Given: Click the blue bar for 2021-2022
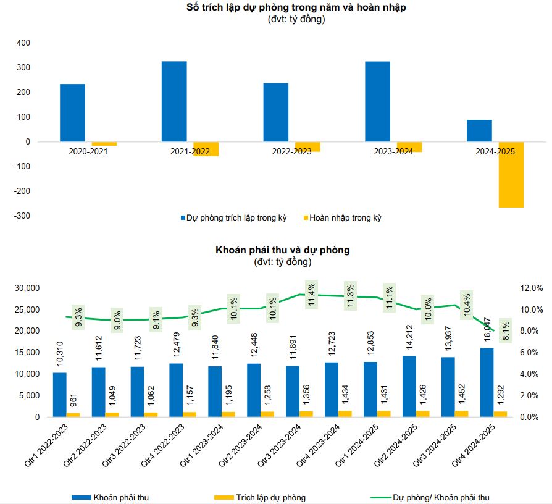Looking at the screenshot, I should point(174,101).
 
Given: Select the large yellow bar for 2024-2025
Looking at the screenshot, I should point(511,175).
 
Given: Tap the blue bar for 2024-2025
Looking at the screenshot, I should point(479,130).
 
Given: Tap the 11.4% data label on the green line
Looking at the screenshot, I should point(311,296).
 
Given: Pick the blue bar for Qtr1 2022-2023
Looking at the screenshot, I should point(59,395).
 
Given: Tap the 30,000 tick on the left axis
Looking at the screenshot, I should point(26,288).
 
